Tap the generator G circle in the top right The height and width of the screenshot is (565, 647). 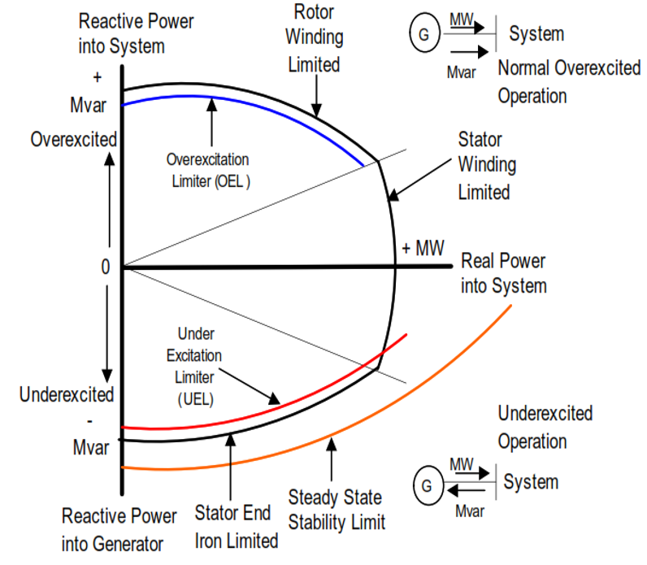pos(424,33)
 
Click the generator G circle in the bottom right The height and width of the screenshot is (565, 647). pos(428,485)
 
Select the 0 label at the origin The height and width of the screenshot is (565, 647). pos(106,267)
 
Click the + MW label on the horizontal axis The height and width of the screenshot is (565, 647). pos(423,248)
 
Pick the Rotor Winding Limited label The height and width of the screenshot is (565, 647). pos(315,38)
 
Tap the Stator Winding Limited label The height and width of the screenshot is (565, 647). pos(487,166)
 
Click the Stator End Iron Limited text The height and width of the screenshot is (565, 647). pos(237,527)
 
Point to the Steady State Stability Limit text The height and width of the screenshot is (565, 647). pos(337,510)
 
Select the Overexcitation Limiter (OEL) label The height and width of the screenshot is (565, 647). pos(208,171)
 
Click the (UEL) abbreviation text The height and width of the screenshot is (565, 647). pos(196,399)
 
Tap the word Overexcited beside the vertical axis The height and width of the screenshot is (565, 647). pos(74,140)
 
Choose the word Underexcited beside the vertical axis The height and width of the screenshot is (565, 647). pos(67,394)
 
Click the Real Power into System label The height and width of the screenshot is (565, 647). pos(504,274)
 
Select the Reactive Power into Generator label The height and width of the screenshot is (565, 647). pos(119,530)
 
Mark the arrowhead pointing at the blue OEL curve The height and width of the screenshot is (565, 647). pos(211,104)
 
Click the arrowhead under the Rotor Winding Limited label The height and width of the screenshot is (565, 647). pos(316,111)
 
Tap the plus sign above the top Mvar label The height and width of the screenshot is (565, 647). pos(98,77)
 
